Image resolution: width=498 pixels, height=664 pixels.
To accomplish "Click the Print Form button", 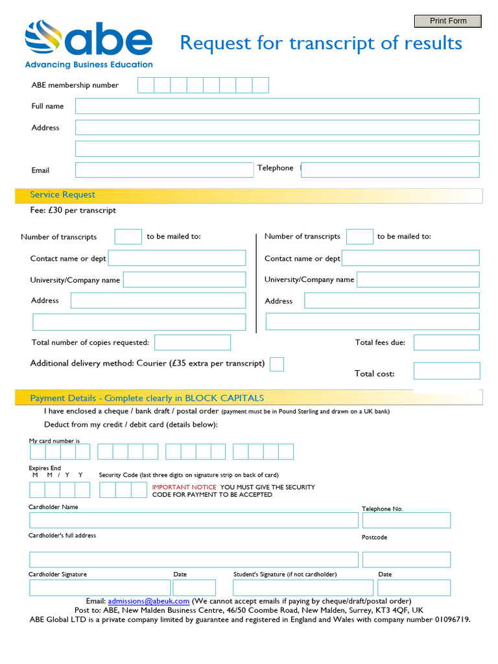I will click(x=448, y=21).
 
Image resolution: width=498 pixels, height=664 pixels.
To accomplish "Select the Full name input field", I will click(x=277, y=106).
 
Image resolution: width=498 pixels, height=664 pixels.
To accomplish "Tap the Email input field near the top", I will click(x=163, y=170).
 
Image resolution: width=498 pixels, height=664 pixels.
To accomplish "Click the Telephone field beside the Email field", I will click(x=390, y=170).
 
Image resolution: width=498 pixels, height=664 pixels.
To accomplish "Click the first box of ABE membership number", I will click(x=145, y=85).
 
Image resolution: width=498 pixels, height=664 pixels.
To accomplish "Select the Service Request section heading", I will click(x=62, y=195).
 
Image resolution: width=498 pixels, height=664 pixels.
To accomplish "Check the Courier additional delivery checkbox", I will click(x=276, y=364).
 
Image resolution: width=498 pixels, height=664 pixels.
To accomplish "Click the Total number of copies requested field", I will click(x=192, y=342).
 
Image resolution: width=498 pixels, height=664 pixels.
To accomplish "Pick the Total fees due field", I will click(x=446, y=342).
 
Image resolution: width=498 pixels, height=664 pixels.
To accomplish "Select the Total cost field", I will click(x=446, y=371).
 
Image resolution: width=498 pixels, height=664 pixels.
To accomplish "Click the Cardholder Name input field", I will click(x=193, y=520).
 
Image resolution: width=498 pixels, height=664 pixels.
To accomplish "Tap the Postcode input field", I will click(x=406, y=560).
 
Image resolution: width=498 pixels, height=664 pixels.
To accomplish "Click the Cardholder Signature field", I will click(x=100, y=587).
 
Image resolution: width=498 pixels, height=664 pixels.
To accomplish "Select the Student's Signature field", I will click(x=303, y=587).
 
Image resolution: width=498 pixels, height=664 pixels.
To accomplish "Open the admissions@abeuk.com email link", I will click(x=148, y=601).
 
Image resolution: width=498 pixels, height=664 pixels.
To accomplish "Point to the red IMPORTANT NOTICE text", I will click(x=184, y=487).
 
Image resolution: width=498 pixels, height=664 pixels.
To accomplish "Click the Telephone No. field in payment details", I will click(x=406, y=520).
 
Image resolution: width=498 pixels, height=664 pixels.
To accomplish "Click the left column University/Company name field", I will click(x=184, y=279).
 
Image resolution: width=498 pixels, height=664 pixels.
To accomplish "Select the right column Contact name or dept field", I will click(x=410, y=258).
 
